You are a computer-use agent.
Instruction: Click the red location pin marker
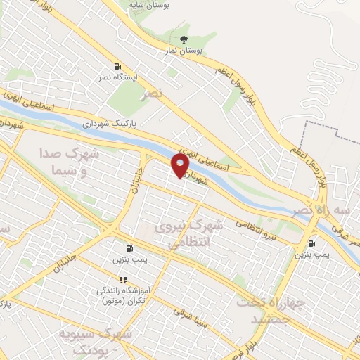(x=181, y=165)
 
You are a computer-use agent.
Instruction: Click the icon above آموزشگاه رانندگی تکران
(x=124, y=280)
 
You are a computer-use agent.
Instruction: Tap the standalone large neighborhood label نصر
(x=150, y=93)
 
